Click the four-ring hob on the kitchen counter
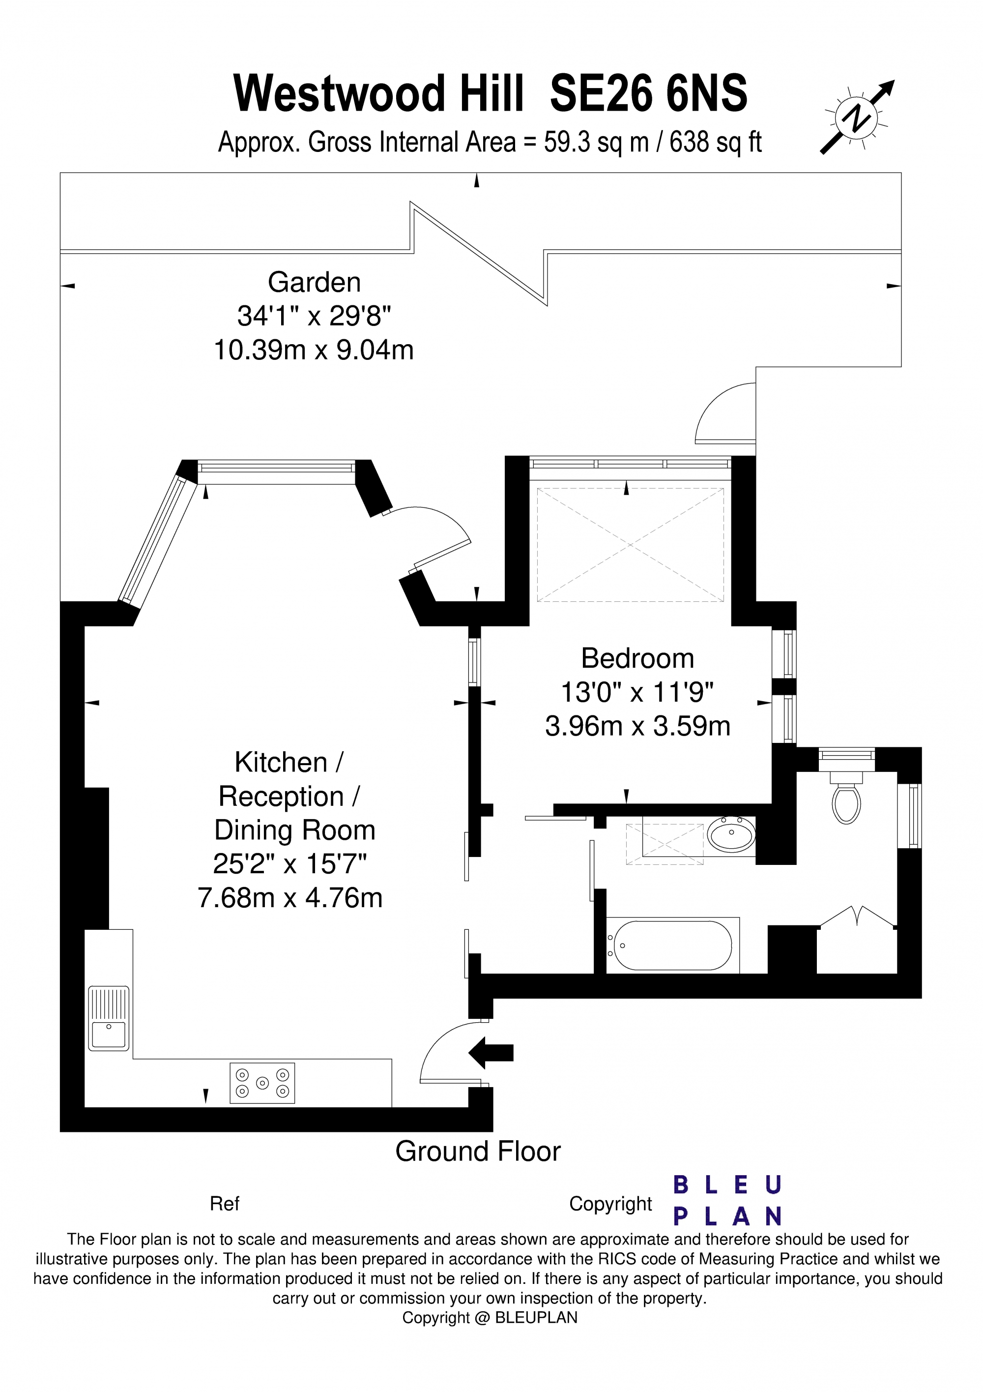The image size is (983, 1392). [262, 1083]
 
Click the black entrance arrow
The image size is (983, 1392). [491, 1053]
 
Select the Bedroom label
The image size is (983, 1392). [637, 658]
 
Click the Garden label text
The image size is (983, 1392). [314, 283]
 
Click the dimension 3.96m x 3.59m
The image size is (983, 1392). [637, 726]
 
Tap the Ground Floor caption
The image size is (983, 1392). [478, 1151]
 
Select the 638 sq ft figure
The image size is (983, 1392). [715, 143]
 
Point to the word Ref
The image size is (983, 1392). [224, 1204]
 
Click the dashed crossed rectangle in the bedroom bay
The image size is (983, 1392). [630, 545]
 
